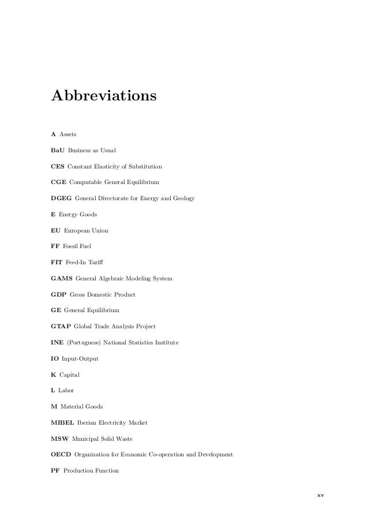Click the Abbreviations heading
click(x=104, y=95)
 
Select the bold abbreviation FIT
click(x=57, y=263)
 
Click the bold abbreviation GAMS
click(x=61, y=279)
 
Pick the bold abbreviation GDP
click(x=59, y=295)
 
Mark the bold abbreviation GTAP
click(x=61, y=327)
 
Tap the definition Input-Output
click(x=80, y=359)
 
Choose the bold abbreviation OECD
click(x=61, y=455)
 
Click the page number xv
click(x=320, y=495)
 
